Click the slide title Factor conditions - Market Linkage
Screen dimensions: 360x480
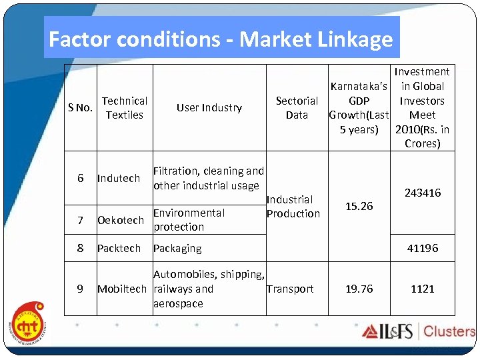221,40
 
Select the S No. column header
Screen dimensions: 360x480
81,108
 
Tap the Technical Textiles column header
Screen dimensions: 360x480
125,108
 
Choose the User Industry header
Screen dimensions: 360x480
209,108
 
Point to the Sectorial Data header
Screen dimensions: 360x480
297,108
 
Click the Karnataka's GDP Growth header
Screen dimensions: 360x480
359,108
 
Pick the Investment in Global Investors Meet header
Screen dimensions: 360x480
422,108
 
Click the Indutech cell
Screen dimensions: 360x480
119,179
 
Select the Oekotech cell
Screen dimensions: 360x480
121,220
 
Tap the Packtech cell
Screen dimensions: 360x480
119,249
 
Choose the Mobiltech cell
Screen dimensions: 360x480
122,289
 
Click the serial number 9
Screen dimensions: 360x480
80,289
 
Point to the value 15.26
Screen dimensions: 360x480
359,207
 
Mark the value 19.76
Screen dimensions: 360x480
359,289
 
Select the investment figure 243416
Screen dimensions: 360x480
422,193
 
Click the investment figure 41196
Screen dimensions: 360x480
422,249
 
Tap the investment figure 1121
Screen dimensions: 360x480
422,289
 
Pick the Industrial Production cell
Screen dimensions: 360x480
293,207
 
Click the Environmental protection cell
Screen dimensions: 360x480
189,220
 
